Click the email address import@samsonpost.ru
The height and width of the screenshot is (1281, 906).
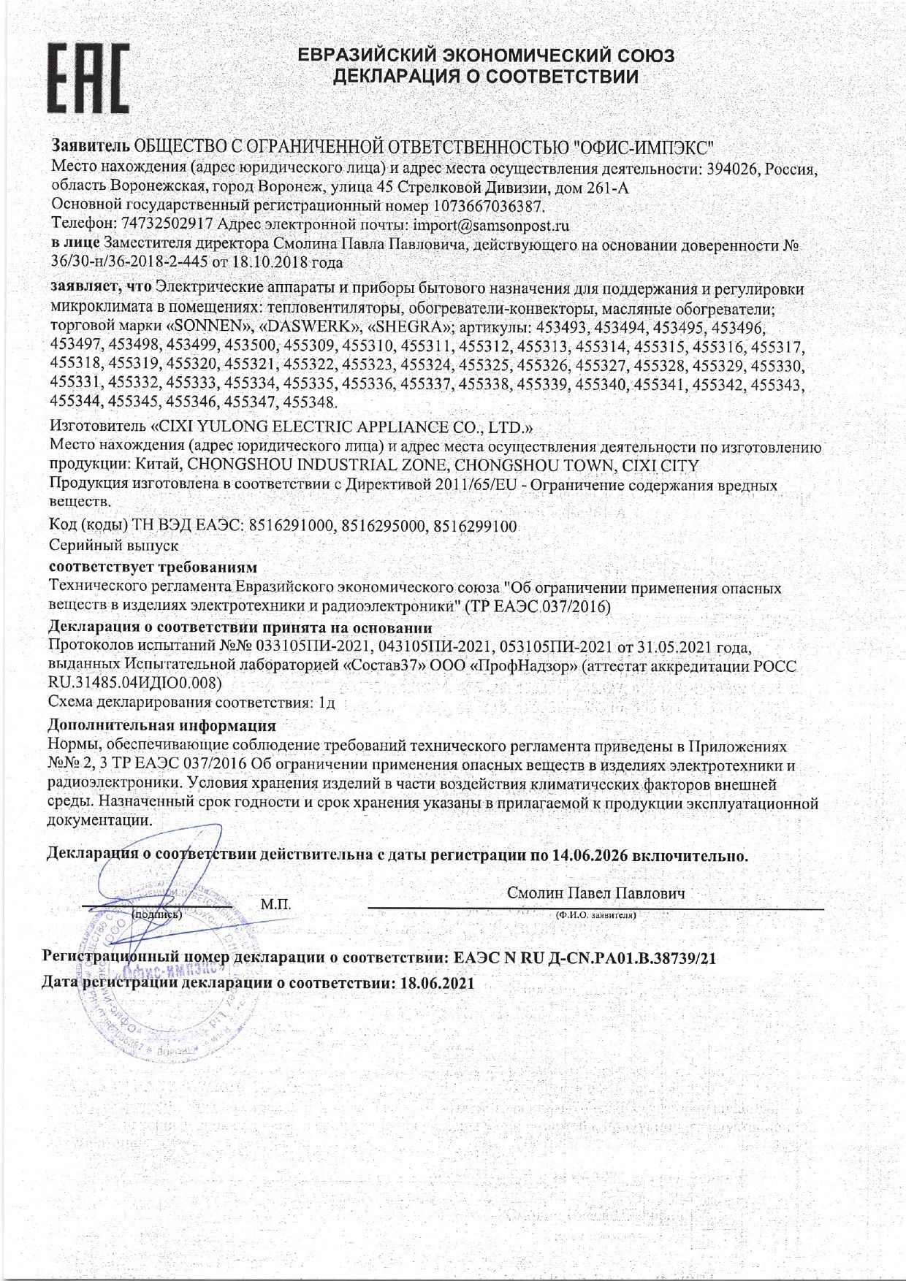pos(491,224)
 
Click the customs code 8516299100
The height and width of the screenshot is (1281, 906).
pos(476,526)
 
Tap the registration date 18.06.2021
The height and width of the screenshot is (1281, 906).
pos(438,982)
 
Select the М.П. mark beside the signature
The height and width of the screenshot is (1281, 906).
pos(275,905)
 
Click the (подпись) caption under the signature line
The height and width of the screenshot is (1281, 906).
pos(156,914)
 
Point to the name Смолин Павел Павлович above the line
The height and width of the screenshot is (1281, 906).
pos(595,893)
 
